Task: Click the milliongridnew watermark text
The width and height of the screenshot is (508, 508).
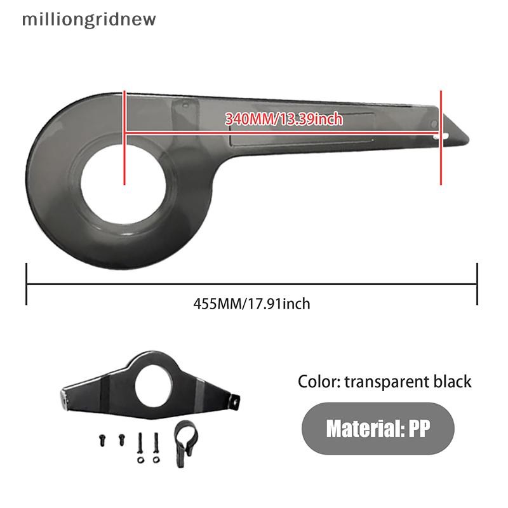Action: (x=89, y=20)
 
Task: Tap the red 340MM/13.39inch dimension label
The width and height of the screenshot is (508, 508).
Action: (x=284, y=119)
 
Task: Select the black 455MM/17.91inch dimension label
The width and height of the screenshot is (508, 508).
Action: (x=251, y=304)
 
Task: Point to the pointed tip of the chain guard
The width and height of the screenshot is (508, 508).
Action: (x=468, y=140)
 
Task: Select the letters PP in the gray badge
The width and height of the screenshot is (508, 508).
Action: (x=420, y=428)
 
